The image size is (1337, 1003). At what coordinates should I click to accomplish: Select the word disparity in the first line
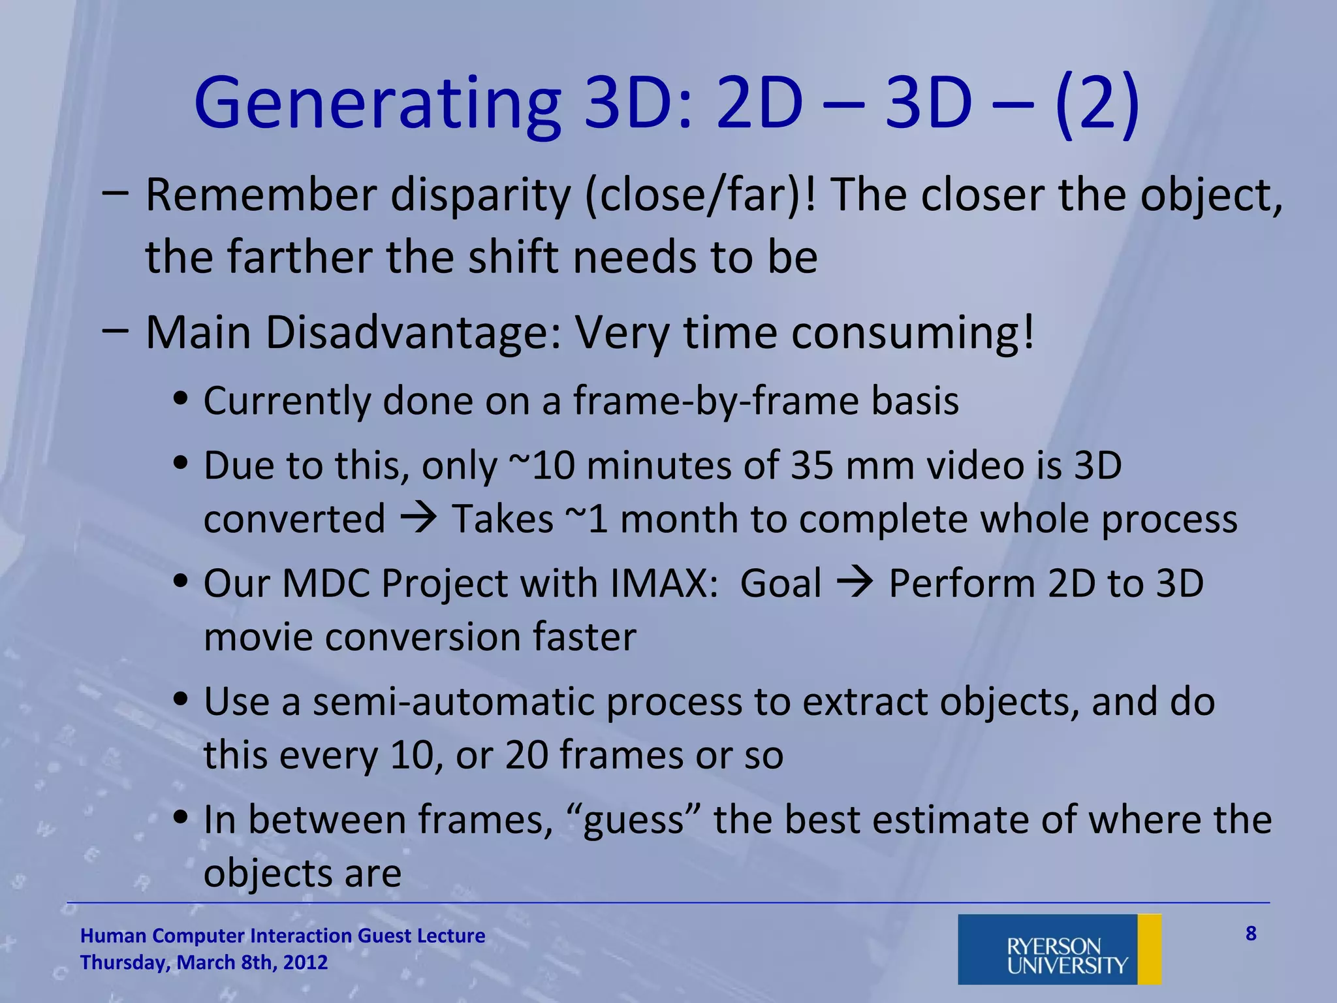point(480,195)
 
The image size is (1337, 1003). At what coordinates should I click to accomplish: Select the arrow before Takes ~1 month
point(418,518)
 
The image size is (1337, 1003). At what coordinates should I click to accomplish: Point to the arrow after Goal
point(855,582)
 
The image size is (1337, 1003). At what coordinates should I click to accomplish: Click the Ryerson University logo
point(1059,949)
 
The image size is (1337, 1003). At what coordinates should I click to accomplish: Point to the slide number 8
point(1251,934)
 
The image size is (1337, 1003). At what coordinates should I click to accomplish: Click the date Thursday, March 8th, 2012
point(204,963)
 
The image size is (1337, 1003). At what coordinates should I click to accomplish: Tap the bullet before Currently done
point(181,399)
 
